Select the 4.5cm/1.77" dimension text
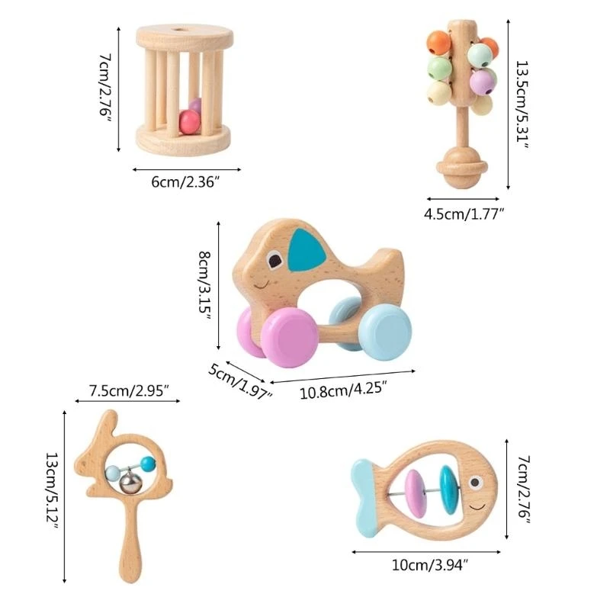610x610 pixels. [x=465, y=214]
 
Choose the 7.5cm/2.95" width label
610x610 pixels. [x=129, y=390]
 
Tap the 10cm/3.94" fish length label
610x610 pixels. [x=429, y=565]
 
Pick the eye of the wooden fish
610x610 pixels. [x=477, y=482]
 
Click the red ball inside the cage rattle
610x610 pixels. [x=187, y=120]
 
